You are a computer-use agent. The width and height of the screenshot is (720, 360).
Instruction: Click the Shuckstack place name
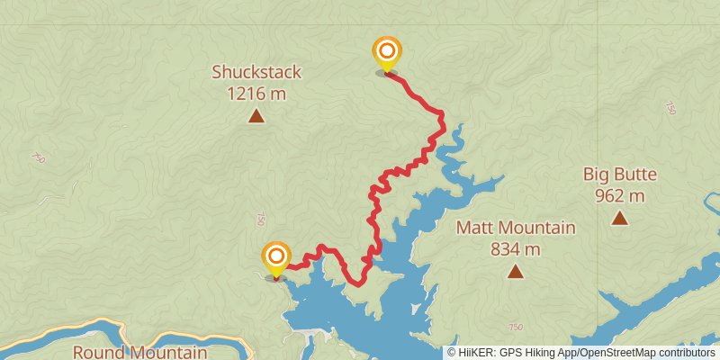point(256,72)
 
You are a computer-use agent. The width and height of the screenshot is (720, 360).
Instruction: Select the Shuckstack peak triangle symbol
point(256,115)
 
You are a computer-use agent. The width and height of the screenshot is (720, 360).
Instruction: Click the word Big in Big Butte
point(599,175)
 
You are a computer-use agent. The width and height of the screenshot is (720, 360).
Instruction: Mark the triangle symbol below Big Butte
point(619,218)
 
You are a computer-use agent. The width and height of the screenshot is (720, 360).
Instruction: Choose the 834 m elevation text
point(516,248)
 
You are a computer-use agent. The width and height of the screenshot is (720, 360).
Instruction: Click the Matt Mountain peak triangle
point(516,271)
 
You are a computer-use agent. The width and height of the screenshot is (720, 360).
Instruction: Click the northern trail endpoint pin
point(386,53)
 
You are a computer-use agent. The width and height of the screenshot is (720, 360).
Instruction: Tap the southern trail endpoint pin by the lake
point(275,259)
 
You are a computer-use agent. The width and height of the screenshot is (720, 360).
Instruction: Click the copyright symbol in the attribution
point(452,353)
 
